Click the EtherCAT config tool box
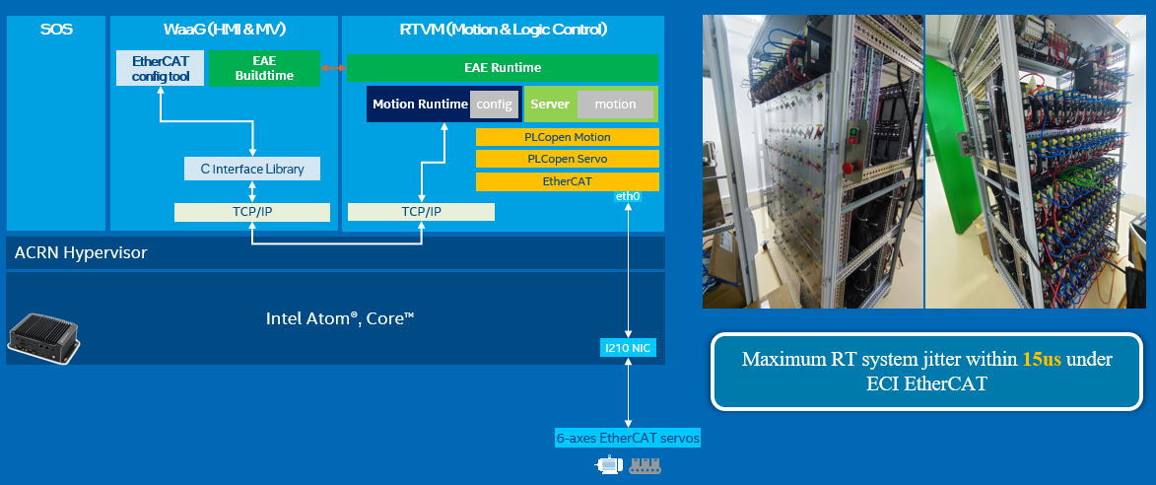click(x=160, y=68)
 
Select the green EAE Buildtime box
click(x=265, y=68)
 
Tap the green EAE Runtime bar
click(x=502, y=68)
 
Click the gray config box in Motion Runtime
click(x=494, y=104)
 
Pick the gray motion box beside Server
click(x=615, y=104)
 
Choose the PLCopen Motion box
click(x=567, y=137)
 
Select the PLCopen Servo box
click(x=567, y=159)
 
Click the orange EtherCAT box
click(x=567, y=181)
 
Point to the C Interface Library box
click(x=252, y=170)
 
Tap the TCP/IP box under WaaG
click(x=252, y=212)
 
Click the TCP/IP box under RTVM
click(x=421, y=212)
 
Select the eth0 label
click(x=628, y=197)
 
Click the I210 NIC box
click(x=628, y=347)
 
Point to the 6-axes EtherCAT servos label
click(x=628, y=438)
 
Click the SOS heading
click(x=55, y=30)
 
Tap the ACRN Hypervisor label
click(x=81, y=253)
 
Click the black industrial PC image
click(x=45, y=333)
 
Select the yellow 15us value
click(x=1042, y=360)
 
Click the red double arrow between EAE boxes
click(x=333, y=68)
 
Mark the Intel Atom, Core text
click(x=339, y=318)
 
